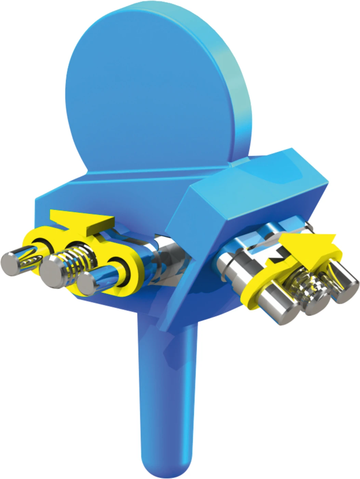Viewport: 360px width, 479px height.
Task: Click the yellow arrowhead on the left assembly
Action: point(82,219)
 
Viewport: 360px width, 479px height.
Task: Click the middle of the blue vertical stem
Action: point(168,393)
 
